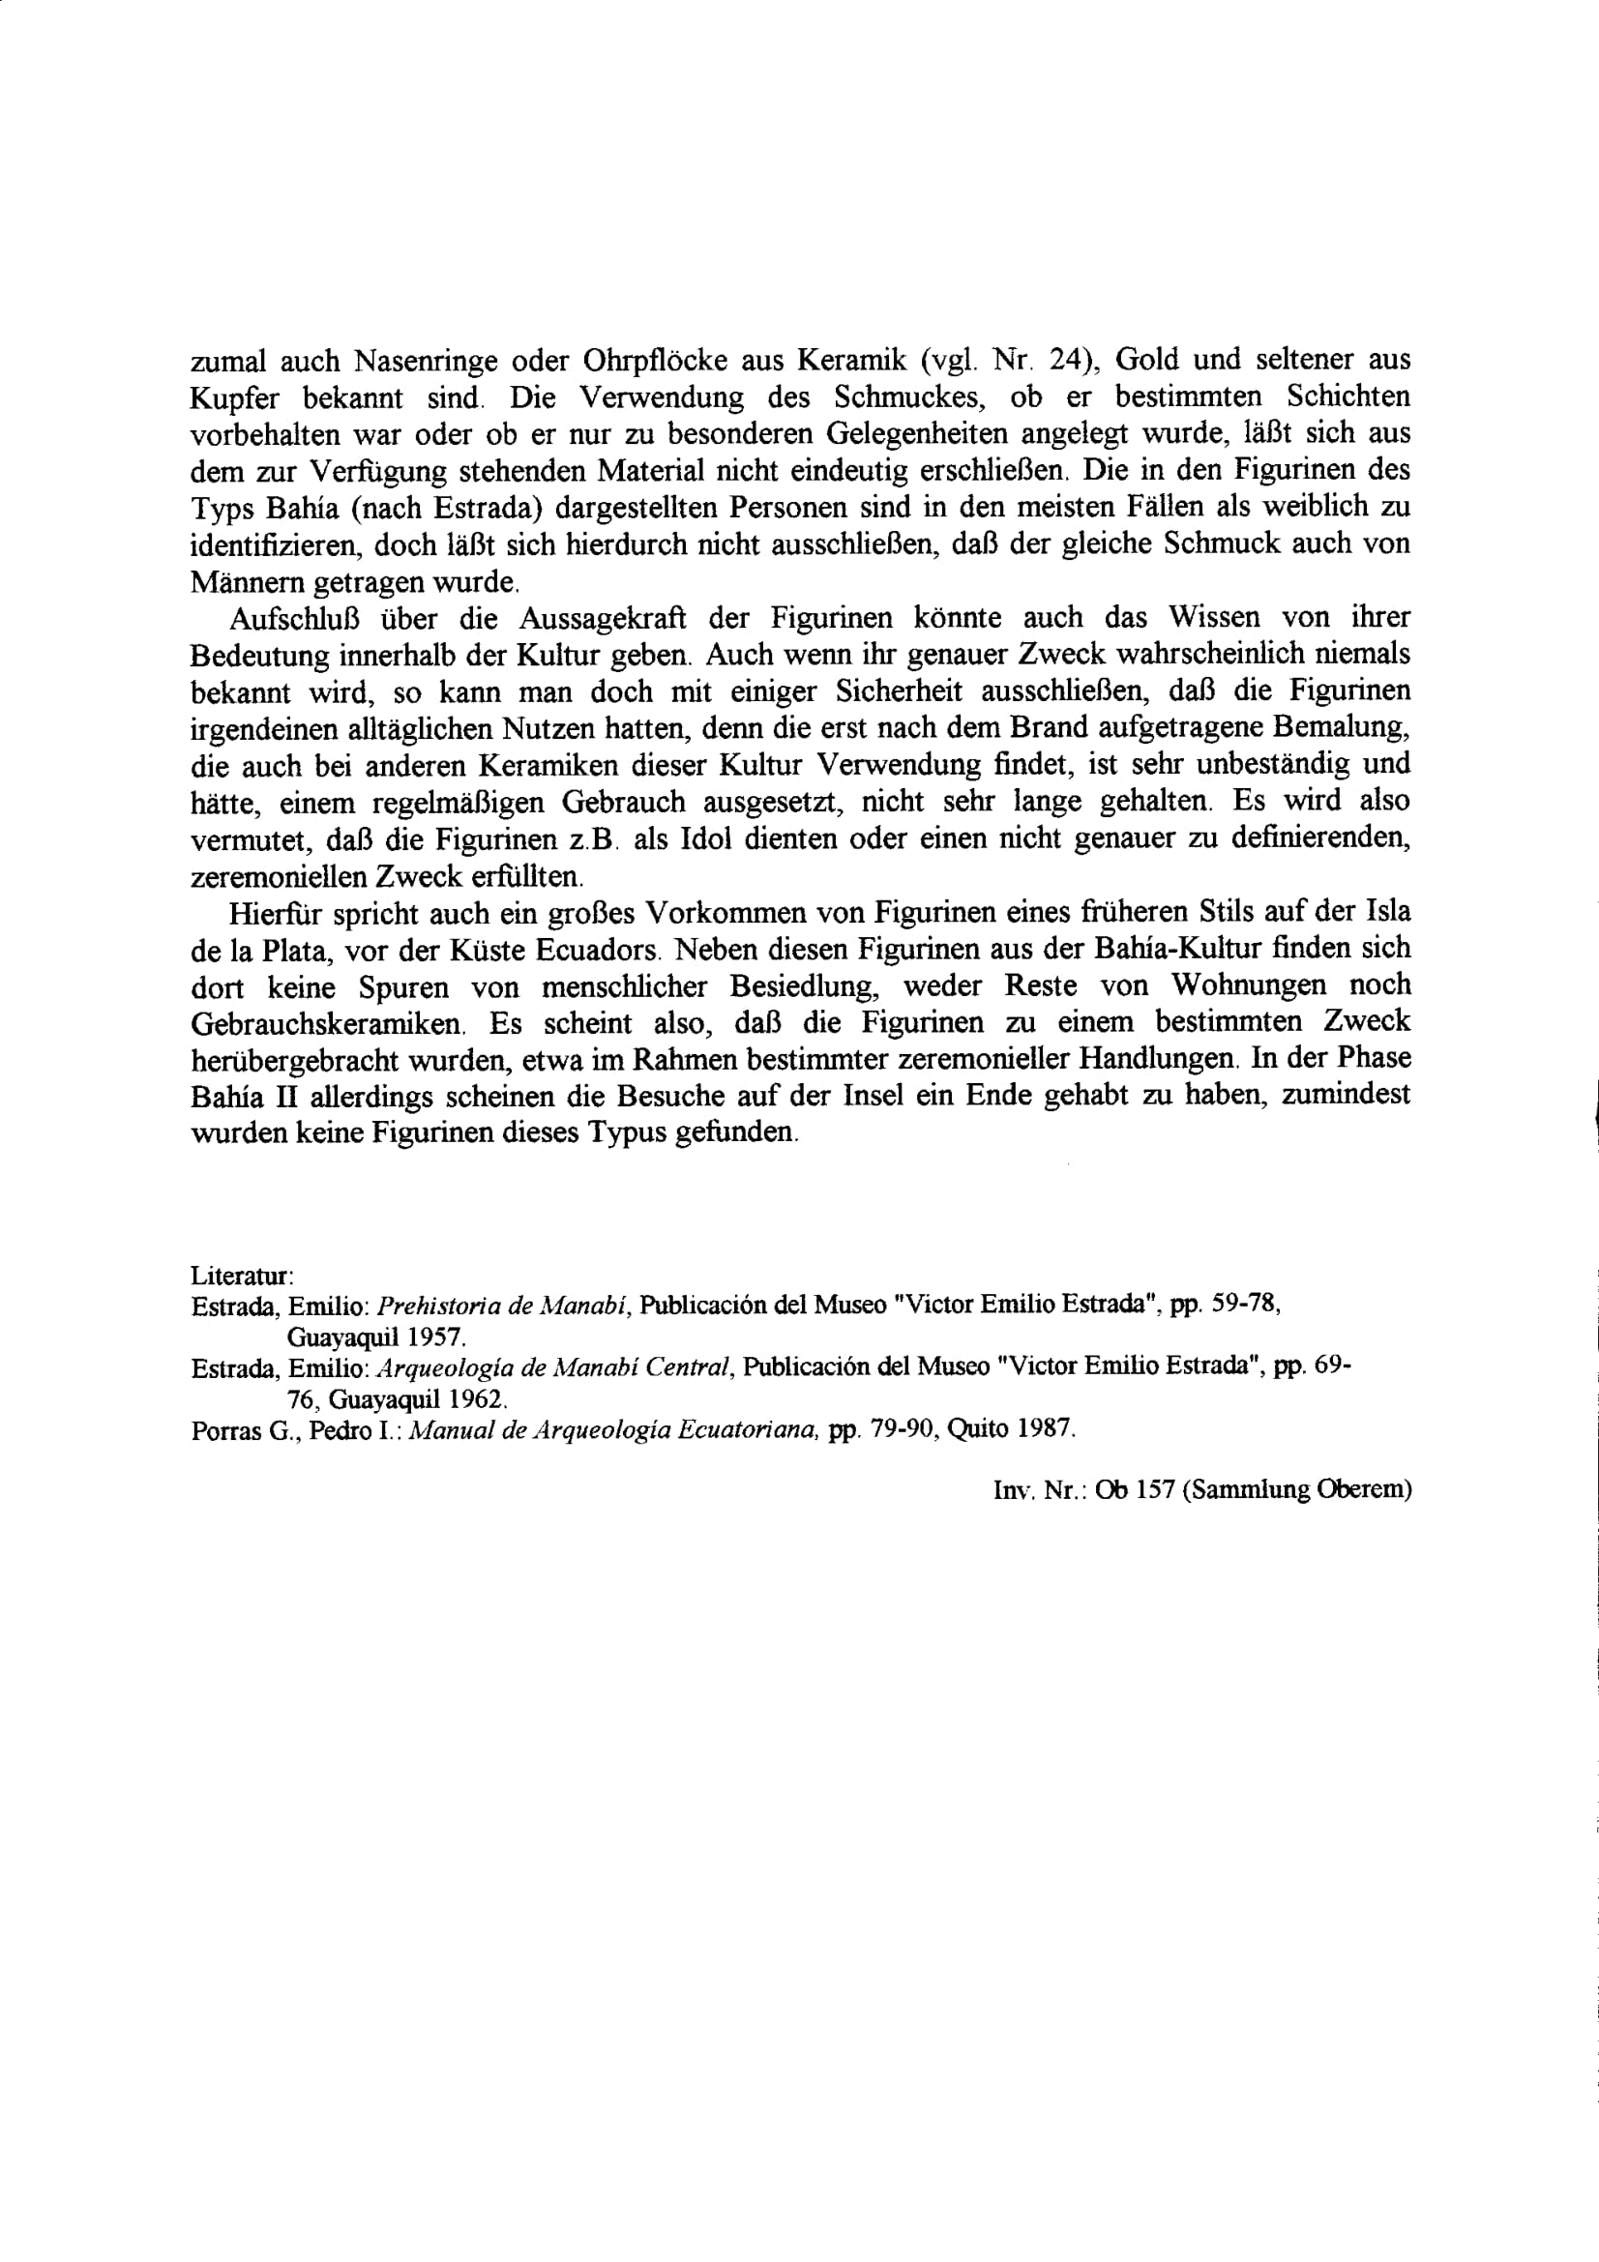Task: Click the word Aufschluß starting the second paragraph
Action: (292, 619)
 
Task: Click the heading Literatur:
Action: (242, 1275)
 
